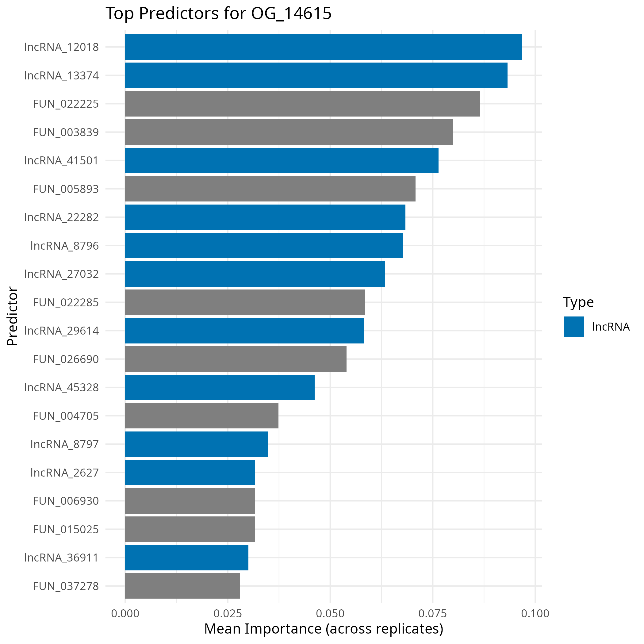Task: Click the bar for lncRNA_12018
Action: pos(323,47)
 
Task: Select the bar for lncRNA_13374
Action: pos(316,75)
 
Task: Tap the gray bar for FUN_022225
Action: pos(302,104)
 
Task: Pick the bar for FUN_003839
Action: pos(289,132)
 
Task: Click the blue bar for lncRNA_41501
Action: pos(282,160)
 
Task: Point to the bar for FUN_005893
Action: pos(270,189)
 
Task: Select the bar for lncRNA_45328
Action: pos(220,387)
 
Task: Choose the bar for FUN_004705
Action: pos(202,416)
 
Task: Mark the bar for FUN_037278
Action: pos(182,586)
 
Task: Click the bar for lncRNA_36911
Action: pos(186,557)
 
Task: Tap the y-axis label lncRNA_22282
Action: pos(61,217)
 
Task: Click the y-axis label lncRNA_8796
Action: pos(65,246)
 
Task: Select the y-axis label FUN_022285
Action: pos(66,302)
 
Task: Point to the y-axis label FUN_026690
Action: pos(66,359)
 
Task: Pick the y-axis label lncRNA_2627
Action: pos(65,472)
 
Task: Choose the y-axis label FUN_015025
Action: pos(66,529)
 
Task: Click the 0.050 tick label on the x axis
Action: pos(330,613)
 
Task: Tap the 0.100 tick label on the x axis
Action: pos(535,613)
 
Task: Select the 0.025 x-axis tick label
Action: pos(228,613)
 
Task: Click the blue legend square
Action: pos(574,327)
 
